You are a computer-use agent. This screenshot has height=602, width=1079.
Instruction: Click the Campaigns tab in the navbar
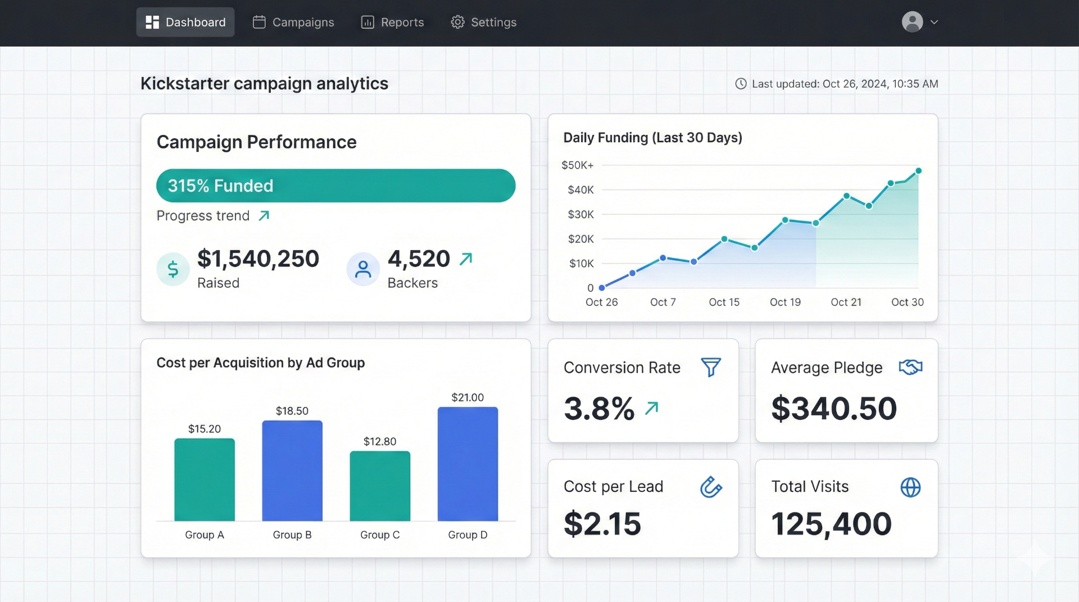(x=293, y=22)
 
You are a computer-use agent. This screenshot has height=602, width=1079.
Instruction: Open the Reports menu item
(x=392, y=22)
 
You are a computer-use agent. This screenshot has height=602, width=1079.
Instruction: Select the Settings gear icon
(x=457, y=22)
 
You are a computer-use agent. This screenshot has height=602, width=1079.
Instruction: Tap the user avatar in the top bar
(x=912, y=22)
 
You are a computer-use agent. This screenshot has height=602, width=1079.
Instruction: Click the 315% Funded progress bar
(x=336, y=186)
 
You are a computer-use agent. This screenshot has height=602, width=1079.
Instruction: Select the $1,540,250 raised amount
(x=258, y=259)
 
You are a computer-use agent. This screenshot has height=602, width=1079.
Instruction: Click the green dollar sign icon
(x=173, y=269)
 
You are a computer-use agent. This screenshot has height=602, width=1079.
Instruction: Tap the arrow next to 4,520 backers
(x=466, y=259)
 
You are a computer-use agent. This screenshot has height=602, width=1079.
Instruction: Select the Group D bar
(x=468, y=464)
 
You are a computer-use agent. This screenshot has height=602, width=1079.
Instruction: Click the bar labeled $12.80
(x=380, y=486)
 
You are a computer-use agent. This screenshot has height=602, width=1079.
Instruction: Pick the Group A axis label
(x=205, y=535)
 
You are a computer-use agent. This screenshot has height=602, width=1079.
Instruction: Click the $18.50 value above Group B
(x=292, y=411)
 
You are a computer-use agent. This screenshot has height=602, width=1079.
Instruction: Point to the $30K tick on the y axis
(x=581, y=215)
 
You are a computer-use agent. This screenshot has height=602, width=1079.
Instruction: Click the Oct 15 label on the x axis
(x=724, y=302)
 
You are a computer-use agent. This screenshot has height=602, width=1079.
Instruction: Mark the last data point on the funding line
(x=918, y=171)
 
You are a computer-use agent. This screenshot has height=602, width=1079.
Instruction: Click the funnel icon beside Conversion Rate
(x=711, y=368)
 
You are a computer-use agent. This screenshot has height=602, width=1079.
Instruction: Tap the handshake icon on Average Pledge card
(x=910, y=368)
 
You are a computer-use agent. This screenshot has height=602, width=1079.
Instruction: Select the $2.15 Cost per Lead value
(x=602, y=524)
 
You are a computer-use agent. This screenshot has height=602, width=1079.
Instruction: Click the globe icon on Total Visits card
(x=910, y=487)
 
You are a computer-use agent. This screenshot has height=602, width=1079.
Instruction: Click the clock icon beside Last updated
(x=741, y=84)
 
